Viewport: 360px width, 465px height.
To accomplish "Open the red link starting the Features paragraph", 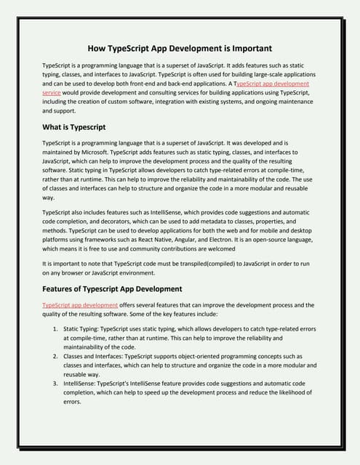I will click(x=80, y=305).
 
